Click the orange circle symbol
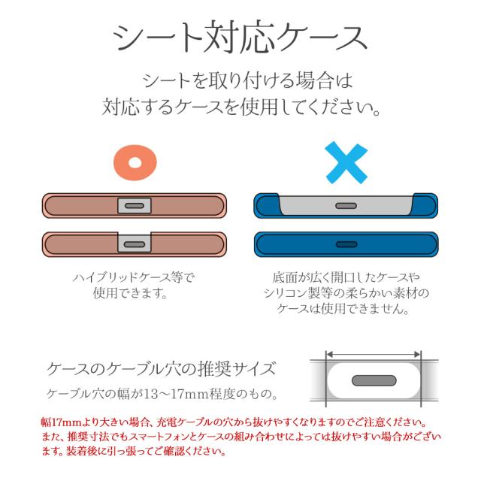(135, 161)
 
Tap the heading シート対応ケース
(240, 36)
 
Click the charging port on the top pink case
(135, 205)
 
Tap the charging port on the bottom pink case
(135, 244)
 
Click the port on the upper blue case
(346, 205)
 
